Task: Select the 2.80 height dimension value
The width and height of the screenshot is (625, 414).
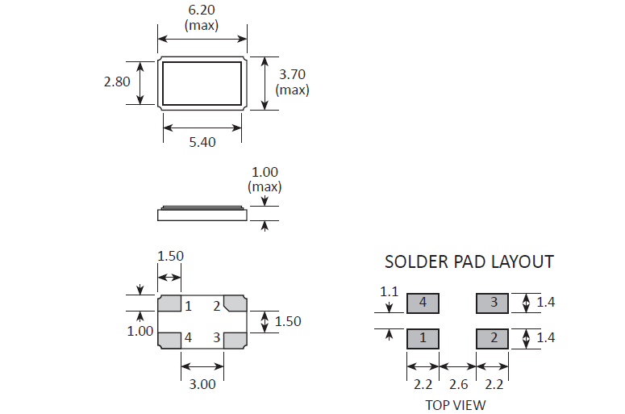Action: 117,81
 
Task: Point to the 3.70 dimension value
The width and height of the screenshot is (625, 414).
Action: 292,74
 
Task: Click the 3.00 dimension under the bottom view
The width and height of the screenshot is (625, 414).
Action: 202,384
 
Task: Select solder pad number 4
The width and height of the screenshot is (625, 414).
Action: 422,303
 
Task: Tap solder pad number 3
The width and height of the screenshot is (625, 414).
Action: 493,303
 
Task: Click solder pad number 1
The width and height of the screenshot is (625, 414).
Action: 422,337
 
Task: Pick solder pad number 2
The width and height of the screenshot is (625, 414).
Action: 493,337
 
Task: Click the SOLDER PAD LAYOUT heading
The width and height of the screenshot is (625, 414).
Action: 469,261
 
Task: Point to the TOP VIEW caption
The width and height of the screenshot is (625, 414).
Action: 456,404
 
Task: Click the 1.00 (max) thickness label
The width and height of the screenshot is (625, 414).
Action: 265,179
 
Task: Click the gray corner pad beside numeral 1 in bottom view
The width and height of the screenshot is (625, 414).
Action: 169,304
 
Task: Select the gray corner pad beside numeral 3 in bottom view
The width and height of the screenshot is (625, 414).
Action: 235,340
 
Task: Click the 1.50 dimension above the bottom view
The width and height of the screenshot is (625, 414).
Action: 169,256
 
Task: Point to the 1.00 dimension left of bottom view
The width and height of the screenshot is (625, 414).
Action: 140,331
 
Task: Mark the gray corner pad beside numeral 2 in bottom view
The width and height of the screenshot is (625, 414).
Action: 235,303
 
